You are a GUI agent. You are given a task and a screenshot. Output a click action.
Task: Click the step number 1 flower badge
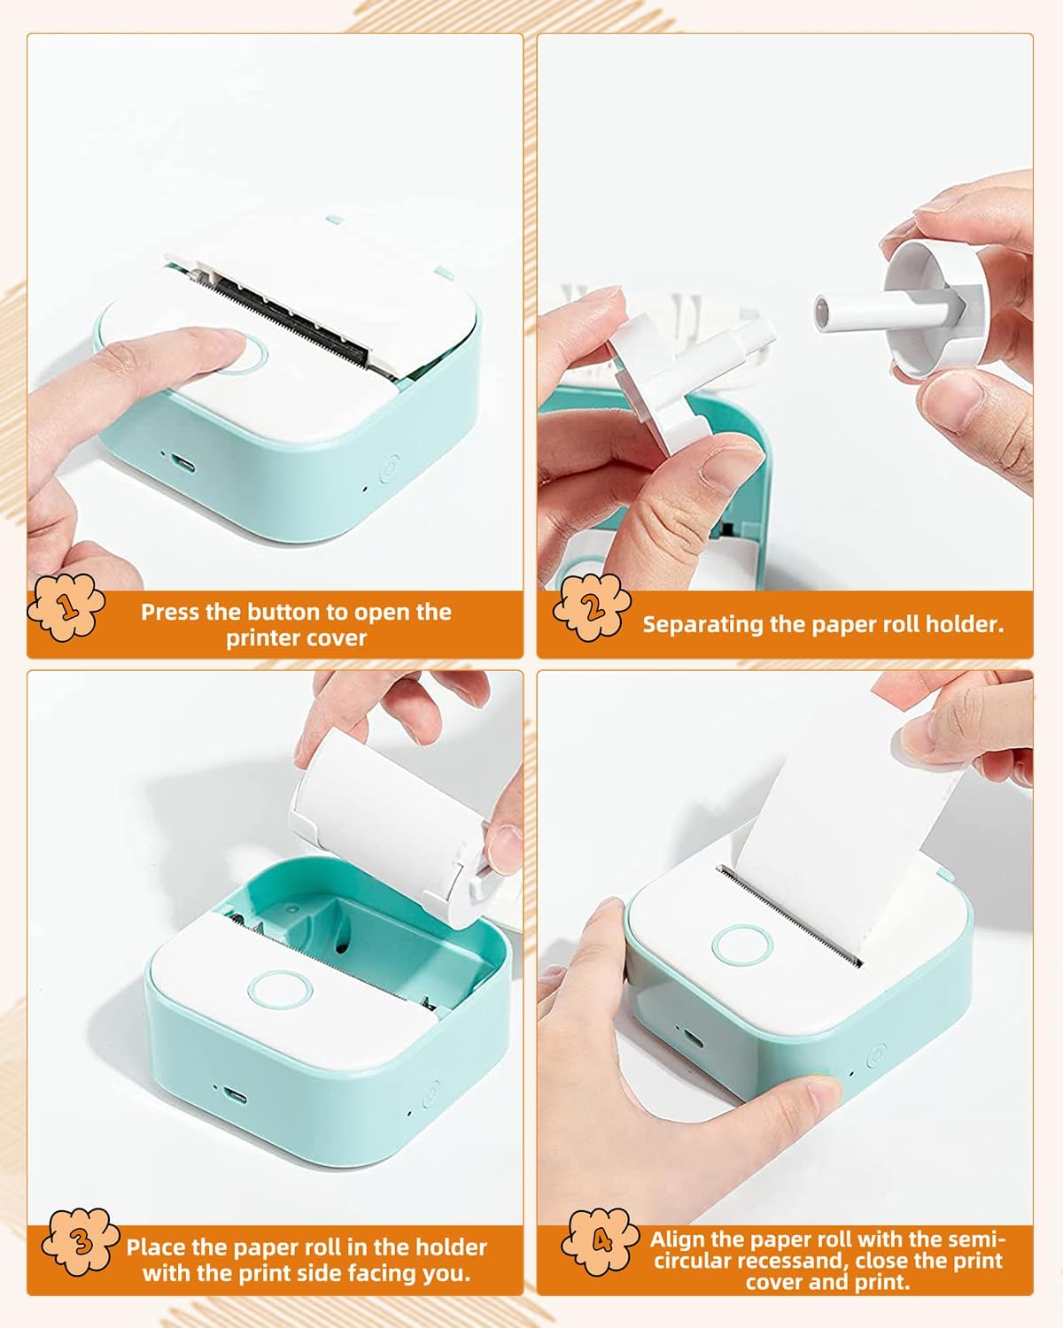click(x=66, y=606)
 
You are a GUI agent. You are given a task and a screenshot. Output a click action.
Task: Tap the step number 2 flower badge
click(x=593, y=606)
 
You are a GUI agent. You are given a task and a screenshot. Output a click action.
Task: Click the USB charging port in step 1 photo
click(x=182, y=462)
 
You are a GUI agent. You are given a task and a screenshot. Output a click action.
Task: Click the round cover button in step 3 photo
click(x=280, y=989)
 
